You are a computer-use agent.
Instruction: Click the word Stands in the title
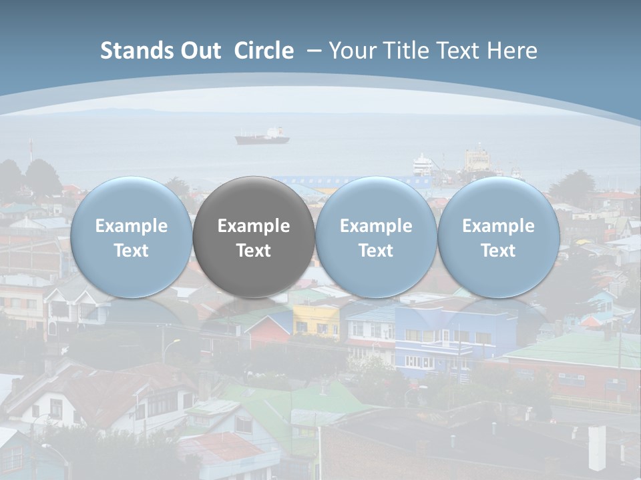point(130,51)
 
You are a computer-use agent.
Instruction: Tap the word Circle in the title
point(264,51)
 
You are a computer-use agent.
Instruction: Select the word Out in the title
point(198,51)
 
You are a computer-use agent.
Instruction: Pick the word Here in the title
point(513,51)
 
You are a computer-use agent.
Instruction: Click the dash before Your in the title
point(314,51)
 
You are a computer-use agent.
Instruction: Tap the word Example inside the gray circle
point(254,226)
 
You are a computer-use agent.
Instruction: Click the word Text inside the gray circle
point(254,251)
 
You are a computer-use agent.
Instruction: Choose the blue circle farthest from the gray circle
point(499,237)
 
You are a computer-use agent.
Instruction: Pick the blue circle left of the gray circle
point(131,237)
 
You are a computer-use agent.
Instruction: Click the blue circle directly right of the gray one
point(376,237)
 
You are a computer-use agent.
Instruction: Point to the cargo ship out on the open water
point(262,137)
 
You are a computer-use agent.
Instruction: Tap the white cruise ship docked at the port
point(422,164)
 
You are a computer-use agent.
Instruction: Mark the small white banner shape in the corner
point(596,448)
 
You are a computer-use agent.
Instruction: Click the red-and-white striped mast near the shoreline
point(29,150)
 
